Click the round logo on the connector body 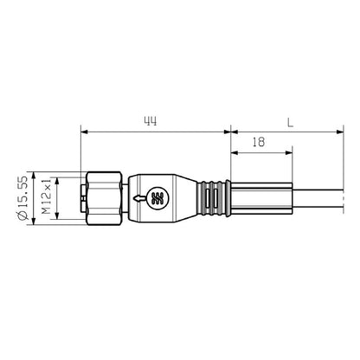157,198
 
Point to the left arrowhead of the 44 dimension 83,132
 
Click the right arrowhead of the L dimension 337,132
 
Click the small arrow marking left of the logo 138,198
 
